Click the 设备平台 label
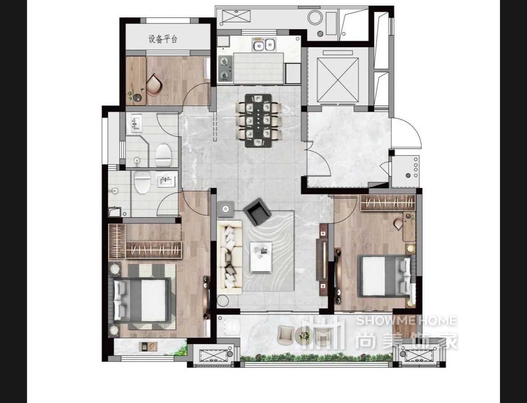pos(163,39)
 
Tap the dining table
pos(258,121)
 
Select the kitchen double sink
pos(264,45)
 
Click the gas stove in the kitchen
pos(225,69)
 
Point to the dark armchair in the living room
pos(257,212)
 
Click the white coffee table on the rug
pos(261,257)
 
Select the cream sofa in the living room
pos(230,257)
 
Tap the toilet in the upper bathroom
pos(164,155)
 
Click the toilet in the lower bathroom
pos(142,182)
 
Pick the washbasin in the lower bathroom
pos(166,182)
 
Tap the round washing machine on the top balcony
pos(315,17)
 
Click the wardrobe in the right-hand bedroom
pos(388,203)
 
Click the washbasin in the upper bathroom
pos(136,123)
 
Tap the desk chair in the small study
pos(154,84)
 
